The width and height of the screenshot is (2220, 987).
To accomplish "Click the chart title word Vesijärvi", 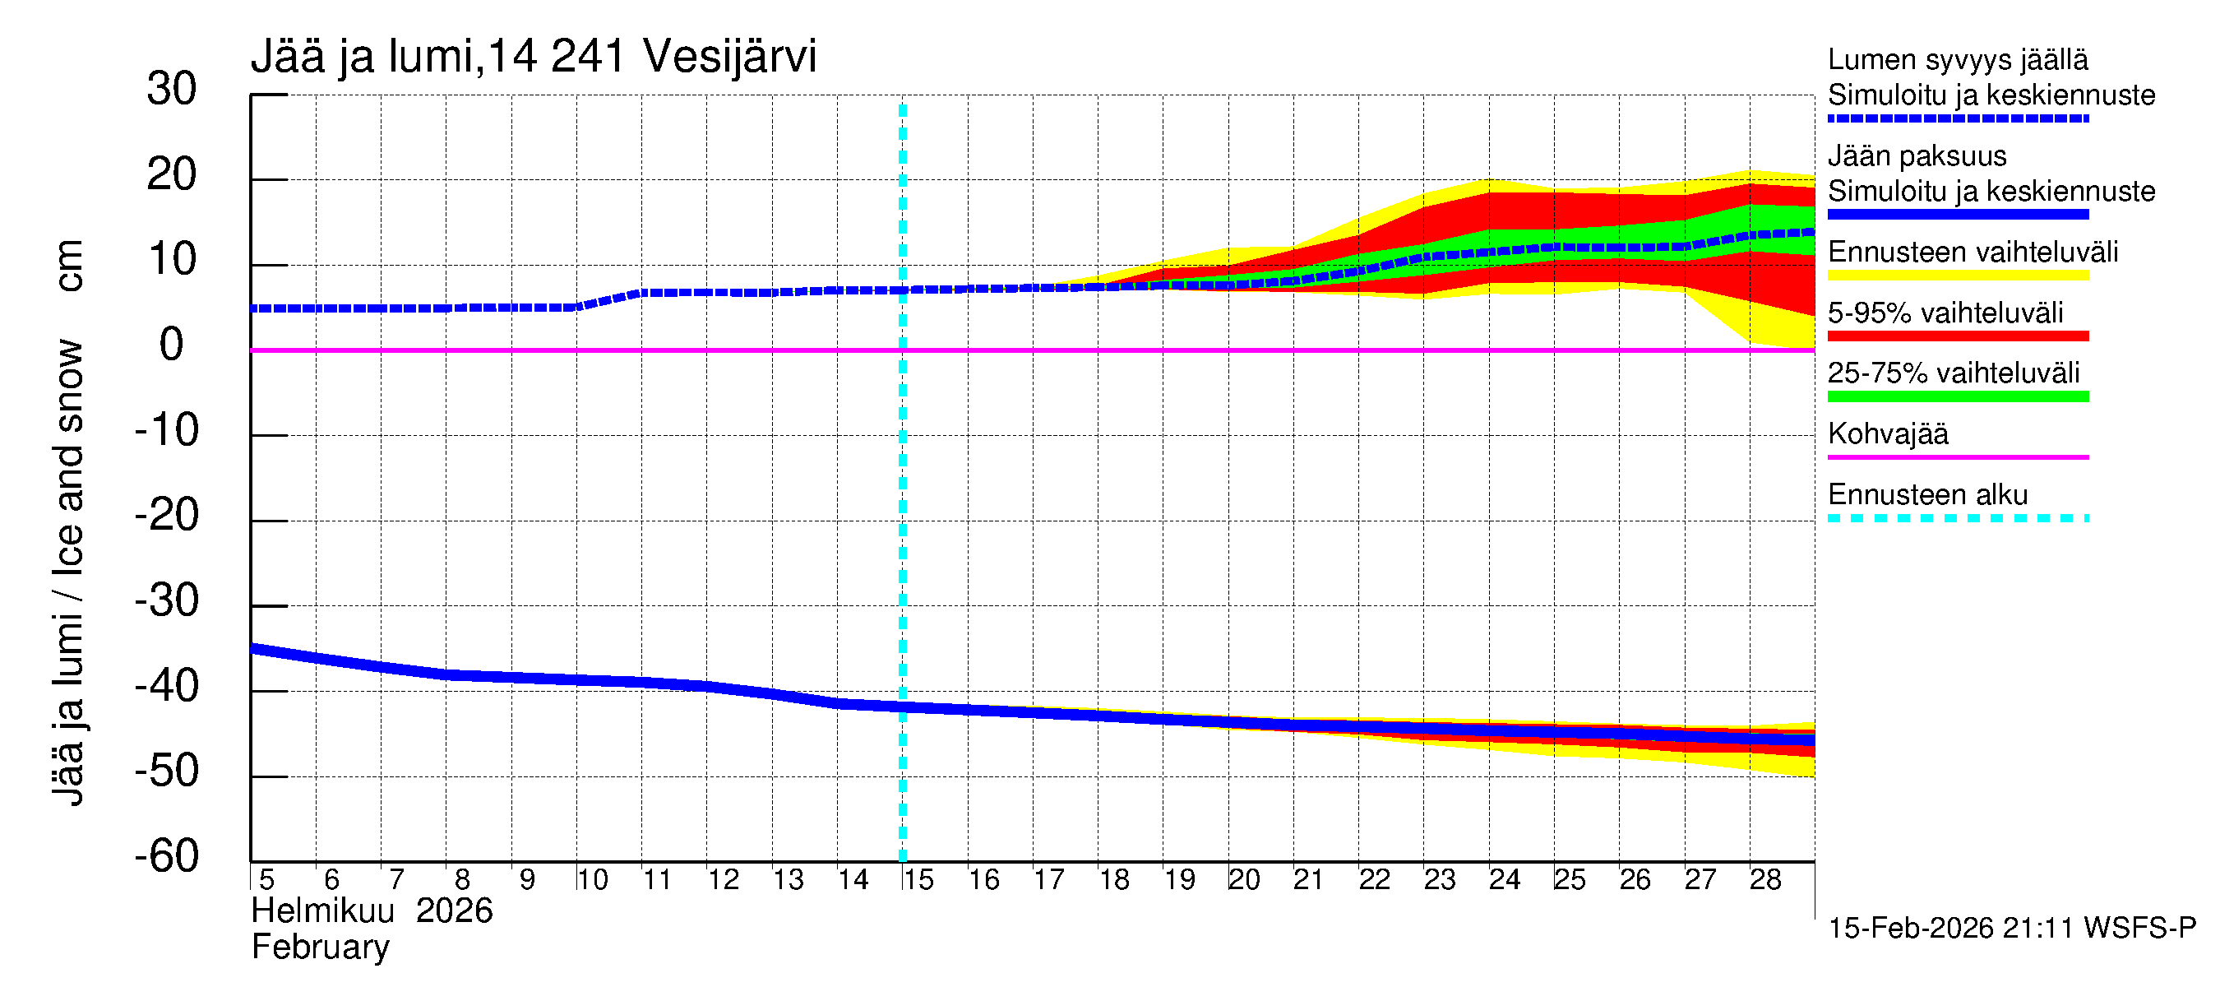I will click(729, 57).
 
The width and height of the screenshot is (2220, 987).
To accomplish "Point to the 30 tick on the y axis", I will click(172, 89).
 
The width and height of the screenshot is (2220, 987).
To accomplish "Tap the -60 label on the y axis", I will click(166, 856).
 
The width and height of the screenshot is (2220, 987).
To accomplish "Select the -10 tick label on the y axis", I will click(166, 430).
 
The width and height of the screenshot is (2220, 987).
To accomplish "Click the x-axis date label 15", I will click(918, 879).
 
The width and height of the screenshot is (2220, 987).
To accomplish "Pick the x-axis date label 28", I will click(1765, 879).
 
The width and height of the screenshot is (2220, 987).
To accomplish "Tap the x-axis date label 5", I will click(266, 879).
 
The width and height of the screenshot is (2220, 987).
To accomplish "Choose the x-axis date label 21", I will click(1308, 879).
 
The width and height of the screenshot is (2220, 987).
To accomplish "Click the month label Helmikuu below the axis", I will click(323, 911).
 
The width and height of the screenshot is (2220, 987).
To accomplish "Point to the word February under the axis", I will click(321, 948).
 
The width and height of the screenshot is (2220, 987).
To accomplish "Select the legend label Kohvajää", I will click(1887, 433).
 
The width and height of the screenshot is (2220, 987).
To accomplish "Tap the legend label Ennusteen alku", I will click(1928, 495).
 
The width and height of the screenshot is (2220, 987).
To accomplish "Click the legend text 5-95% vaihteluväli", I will click(1945, 313).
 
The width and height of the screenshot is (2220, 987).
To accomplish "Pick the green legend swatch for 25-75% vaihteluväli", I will click(1957, 396).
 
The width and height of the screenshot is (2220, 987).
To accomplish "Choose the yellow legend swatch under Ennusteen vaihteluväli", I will click(1957, 276).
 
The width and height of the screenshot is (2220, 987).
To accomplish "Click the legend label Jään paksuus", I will click(1917, 156).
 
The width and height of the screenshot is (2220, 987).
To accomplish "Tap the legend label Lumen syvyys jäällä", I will click(1957, 60).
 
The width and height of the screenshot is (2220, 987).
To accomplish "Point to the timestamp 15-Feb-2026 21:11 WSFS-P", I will click(2012, 928).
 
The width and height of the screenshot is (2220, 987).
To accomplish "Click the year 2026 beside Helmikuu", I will click(454, 911).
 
